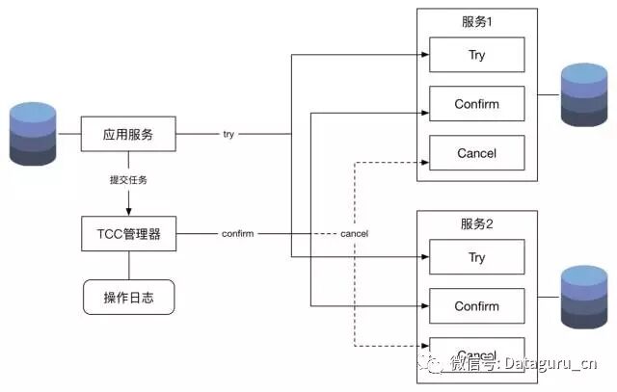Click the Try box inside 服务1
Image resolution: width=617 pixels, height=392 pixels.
tap(476, 55)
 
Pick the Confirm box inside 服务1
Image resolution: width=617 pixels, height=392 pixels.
tap(476, 104)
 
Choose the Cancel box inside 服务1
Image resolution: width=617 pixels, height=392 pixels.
tap(476, 153)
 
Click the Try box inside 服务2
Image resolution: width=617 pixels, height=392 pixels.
tap(476, 257)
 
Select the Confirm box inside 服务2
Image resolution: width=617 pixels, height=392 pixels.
tap(476, 306)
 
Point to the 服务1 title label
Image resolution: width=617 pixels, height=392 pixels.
tap(476, 21)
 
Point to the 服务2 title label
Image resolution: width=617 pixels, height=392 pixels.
tap(476, 223)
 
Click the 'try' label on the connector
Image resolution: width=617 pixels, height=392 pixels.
tap(228, 135)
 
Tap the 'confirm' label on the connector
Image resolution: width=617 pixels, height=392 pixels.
tap(237, 234)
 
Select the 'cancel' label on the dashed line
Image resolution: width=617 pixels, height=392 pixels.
tap(354, 234)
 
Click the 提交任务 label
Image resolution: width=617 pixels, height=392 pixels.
tap(128, 180)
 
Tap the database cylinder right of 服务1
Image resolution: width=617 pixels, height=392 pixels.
tap(584, 94)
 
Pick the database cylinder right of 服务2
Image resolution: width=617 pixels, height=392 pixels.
tap(584, 297)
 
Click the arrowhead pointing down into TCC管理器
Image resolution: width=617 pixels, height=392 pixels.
tap(128, 212)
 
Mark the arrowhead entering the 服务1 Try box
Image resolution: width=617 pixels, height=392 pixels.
tap(425, 55)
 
